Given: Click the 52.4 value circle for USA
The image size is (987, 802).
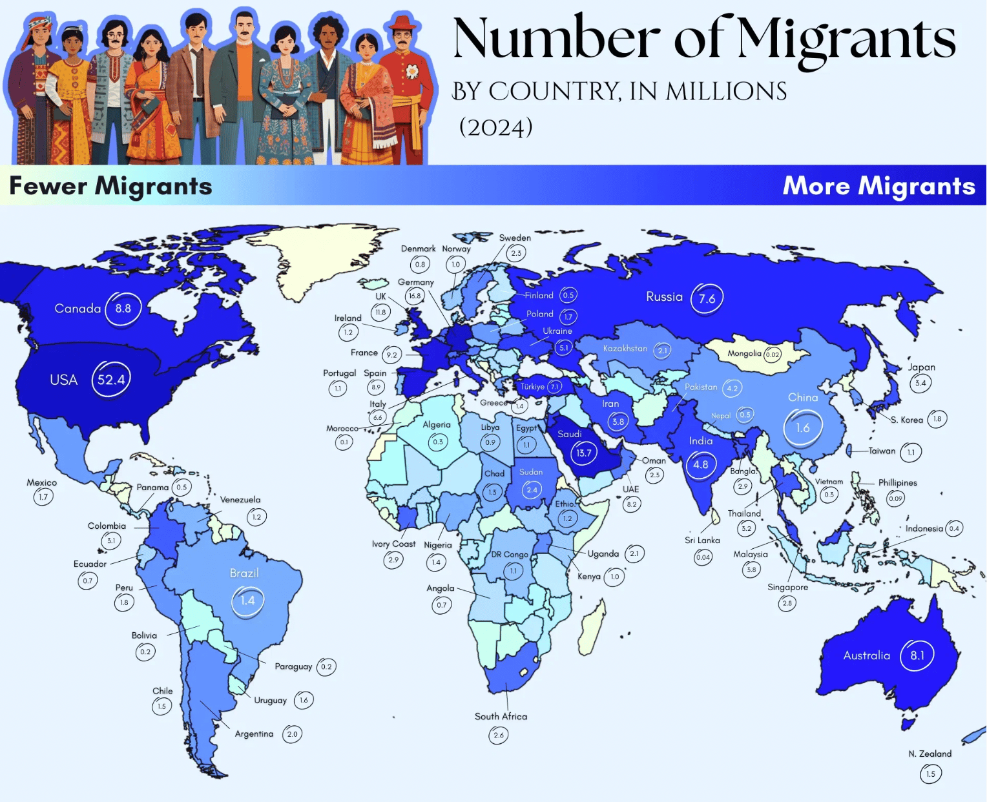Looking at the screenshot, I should (x=111, y=379).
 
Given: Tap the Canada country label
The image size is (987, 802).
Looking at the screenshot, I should (x=78, y=309).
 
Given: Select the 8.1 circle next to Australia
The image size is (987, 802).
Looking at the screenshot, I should (x=917, y=655).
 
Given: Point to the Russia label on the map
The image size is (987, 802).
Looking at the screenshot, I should (x=664, y=297).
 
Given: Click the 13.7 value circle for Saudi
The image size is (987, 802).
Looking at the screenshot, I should (x=584, y=453).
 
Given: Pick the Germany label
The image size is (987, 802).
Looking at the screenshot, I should (x=416, y=282).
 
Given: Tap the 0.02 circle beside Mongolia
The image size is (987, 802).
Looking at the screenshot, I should (x=773, y=355).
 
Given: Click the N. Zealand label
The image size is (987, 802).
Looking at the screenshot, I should (x=930, y=754).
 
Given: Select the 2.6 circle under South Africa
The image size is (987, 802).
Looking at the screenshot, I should (x=499, y=735).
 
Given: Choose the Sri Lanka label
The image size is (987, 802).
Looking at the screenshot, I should (x=702, y=540).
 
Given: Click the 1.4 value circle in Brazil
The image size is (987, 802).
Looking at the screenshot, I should (x=247, y=601).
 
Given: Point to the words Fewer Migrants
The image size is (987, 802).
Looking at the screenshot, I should (x=110, y=186).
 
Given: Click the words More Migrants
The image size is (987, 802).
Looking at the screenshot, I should (x=878, y=186).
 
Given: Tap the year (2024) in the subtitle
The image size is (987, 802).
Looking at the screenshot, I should (x=496, y=127).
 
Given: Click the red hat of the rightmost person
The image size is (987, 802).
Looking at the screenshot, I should (x=403, y=23).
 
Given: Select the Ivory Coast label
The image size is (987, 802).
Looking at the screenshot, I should (x=393, y=544).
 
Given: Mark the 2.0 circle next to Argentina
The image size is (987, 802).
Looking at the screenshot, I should (x=293, y=734).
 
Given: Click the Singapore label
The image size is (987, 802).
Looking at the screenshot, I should (x=787, y=587).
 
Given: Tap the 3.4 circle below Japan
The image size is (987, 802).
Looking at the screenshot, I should (x=920, y=383).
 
